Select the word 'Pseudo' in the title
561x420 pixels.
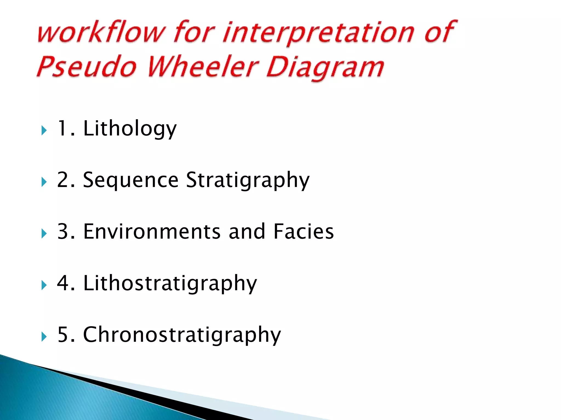[87, 67]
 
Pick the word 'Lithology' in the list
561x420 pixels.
[130, 129]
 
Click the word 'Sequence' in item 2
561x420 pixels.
[131, 180]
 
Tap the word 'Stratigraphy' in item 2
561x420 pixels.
[248, 180]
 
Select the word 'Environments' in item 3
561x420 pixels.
[152, 232]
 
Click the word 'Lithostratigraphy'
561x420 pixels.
[170, 283]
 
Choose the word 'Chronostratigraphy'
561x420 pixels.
[182, 335]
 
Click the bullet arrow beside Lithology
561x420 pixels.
[44, 130]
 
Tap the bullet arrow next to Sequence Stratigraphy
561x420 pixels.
[44, 182]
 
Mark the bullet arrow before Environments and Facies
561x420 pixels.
[44, 234]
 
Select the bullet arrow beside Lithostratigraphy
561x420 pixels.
[44, 285]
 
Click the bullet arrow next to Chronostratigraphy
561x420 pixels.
[44, 337]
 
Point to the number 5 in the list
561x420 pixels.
[63, 334]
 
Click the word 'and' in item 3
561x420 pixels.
[247, 232]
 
